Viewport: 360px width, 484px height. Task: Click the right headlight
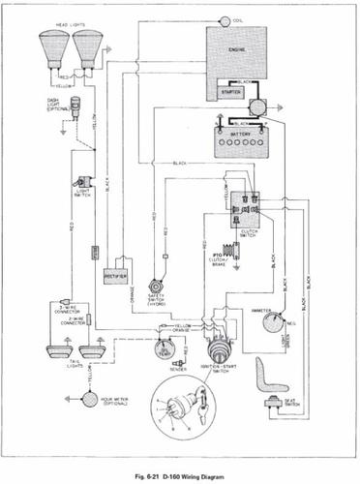click(x=88, y=49)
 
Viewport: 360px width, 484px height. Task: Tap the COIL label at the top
click(x=239, y=19)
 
